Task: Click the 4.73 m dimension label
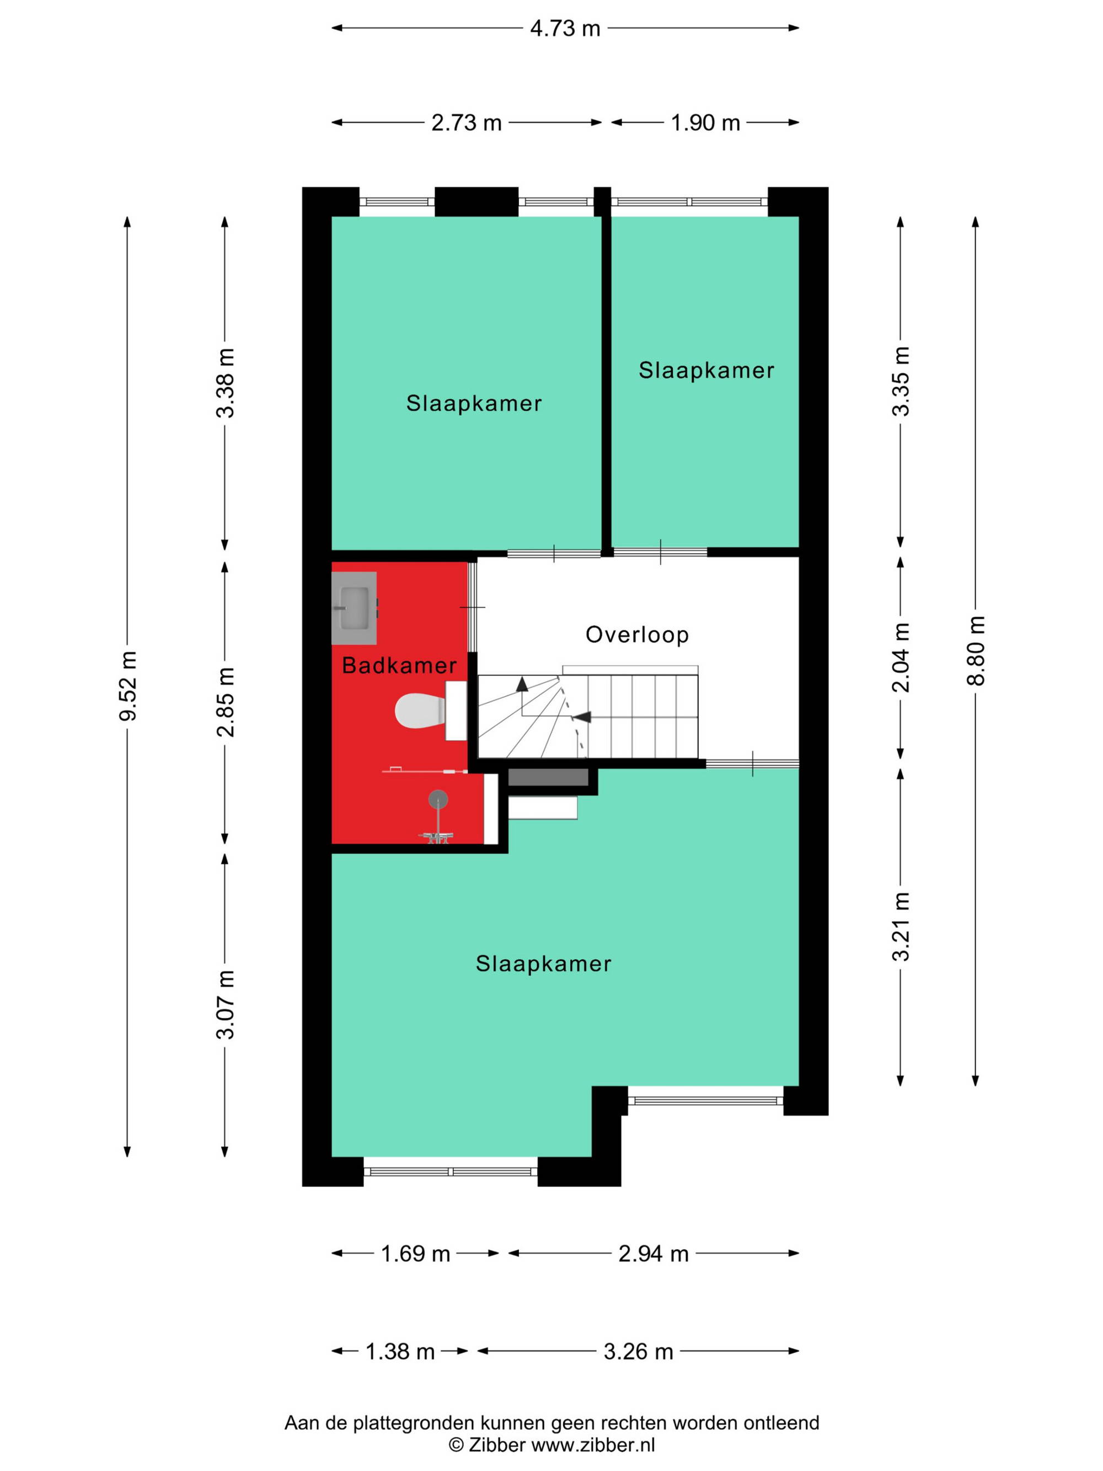(x=565, y=29)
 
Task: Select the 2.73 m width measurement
(x=466, y=123)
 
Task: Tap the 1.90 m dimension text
(x=705, y=123)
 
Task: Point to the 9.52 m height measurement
(x=127, y=686)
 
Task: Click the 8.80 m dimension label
(x=976, y=651)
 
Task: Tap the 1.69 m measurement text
(x=415, y=1254)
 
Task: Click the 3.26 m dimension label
(x=638, y=1351)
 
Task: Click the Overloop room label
(x=637, y=634)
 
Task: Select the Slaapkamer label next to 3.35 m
(x=706, y=371)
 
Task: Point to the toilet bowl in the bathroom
(x=420, y=710)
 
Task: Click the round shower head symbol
(x=438, y=799)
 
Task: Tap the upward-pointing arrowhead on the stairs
(x=522, y=683)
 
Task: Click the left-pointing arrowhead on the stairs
(x=582, y=717)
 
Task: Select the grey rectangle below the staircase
(x=548, y=777)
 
